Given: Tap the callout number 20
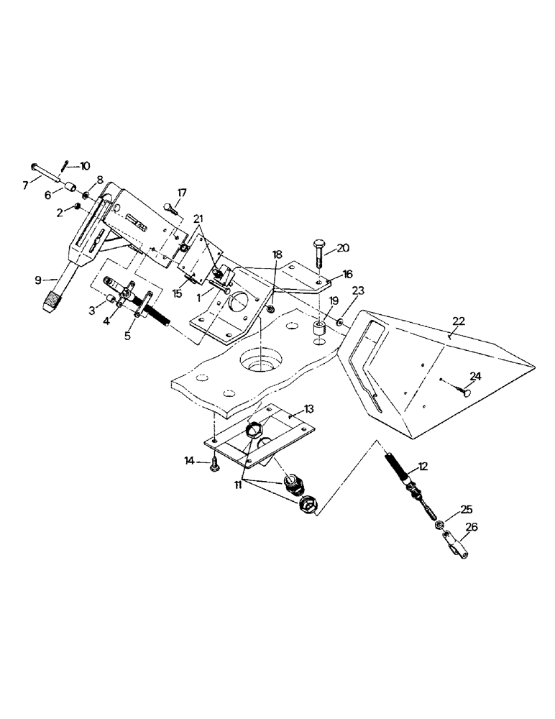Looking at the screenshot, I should [343, 247].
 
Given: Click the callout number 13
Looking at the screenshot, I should [308, 409].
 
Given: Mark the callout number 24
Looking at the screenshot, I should [475, 375].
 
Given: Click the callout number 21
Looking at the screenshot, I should [198, 219].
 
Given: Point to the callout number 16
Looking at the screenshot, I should [347, 274].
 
